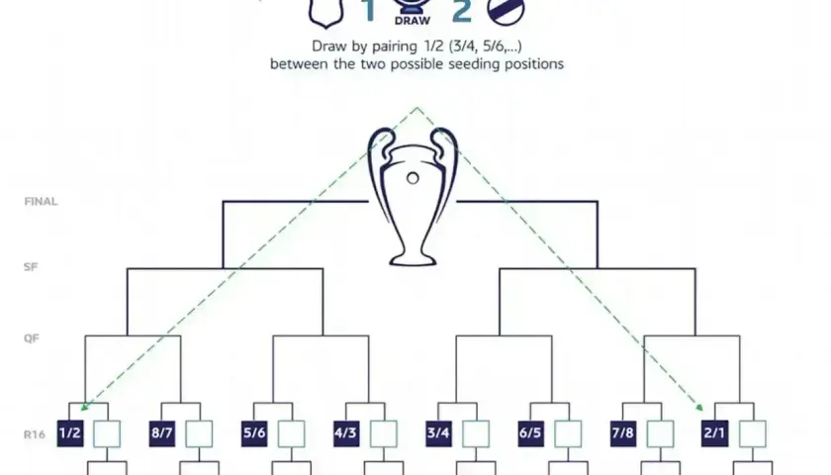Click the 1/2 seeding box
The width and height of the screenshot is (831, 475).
(70, 433)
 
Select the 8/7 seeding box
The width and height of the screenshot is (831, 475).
(162, 433)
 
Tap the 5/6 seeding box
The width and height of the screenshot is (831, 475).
(254, 433)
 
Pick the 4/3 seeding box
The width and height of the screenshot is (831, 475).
(346, 433)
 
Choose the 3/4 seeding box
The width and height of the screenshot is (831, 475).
(439, 433)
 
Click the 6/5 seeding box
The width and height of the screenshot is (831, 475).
(531, 433)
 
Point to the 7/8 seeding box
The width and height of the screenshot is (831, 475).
(623, 433)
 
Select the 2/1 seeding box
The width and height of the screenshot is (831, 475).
(714, 433)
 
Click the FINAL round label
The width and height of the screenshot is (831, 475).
(41, 202)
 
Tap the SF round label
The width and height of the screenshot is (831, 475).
(31, 266)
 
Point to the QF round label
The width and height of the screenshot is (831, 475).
(32, 338)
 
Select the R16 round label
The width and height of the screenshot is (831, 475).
(35, 434)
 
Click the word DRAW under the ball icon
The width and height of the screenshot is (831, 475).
(413, 21)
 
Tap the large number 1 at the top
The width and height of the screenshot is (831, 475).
(369, 11)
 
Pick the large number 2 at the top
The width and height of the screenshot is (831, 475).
(462, 11)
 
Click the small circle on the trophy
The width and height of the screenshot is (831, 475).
(413, 179)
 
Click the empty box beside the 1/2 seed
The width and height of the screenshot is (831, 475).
(107, 434)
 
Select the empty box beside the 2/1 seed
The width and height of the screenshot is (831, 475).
(753, 434)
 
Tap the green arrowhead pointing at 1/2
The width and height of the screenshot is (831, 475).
(83, 407)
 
